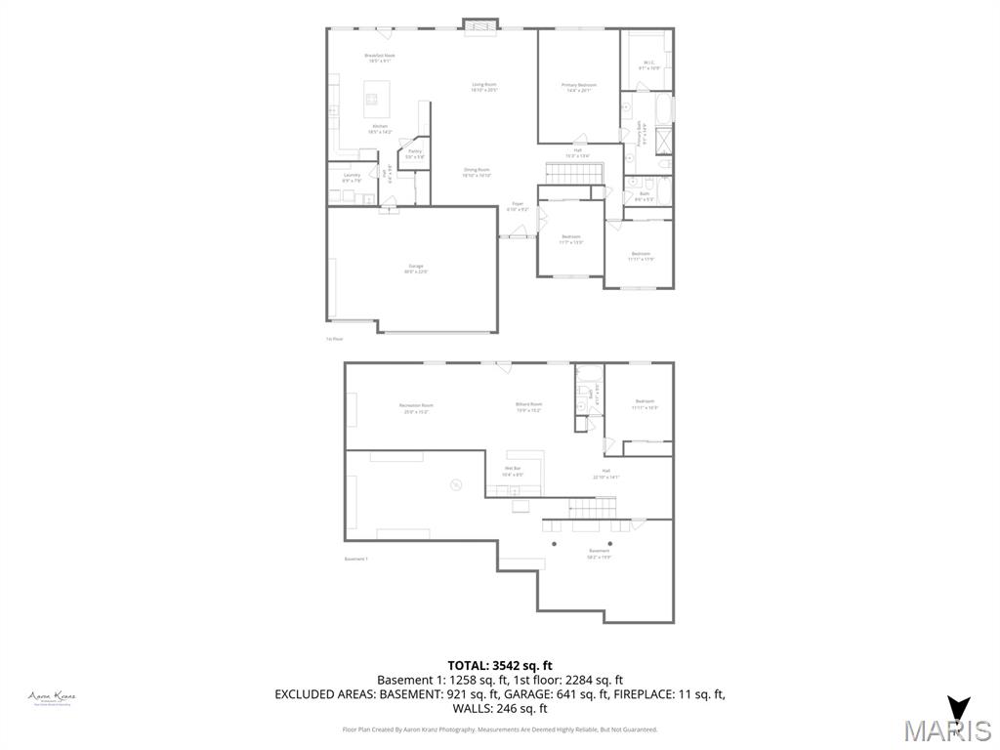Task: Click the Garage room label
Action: [416, 269]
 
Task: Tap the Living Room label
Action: [484, 87]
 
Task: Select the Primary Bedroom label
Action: [578, 87]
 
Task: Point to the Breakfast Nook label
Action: [379, 58]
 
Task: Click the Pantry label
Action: [414, 153]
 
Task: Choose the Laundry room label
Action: [352, 178]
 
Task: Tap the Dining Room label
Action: [477, 172]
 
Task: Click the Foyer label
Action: [518, 206]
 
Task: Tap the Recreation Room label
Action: [416, 407]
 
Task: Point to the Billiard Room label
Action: [528, 406]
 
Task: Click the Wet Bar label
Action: [513, 471]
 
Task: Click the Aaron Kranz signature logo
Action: [52, 697]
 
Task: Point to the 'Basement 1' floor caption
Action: [355, 559]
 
